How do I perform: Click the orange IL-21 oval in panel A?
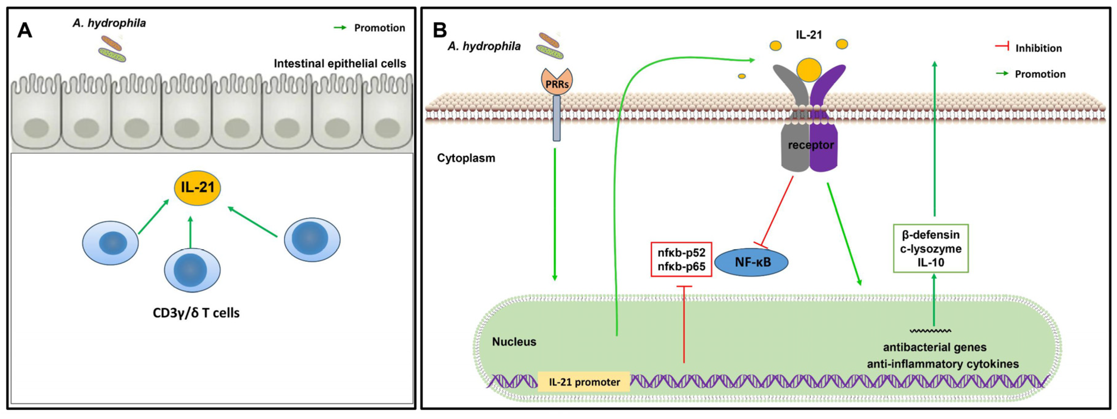pos(197,188)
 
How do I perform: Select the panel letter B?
pos(440,30)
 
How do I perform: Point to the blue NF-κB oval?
pos(751,262)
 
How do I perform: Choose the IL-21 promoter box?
pos(584,382)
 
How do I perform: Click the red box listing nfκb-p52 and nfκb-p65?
pos(681,259)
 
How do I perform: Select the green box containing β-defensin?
pos(931,248)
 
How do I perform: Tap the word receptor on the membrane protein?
pos(810,145)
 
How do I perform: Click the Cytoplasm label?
pos(466,158)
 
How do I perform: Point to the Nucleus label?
pos(514,342)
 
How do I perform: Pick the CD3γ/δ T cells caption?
pos(196,313)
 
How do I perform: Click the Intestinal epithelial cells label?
pos(340,64)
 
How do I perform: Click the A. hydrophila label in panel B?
pos(484,46)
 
